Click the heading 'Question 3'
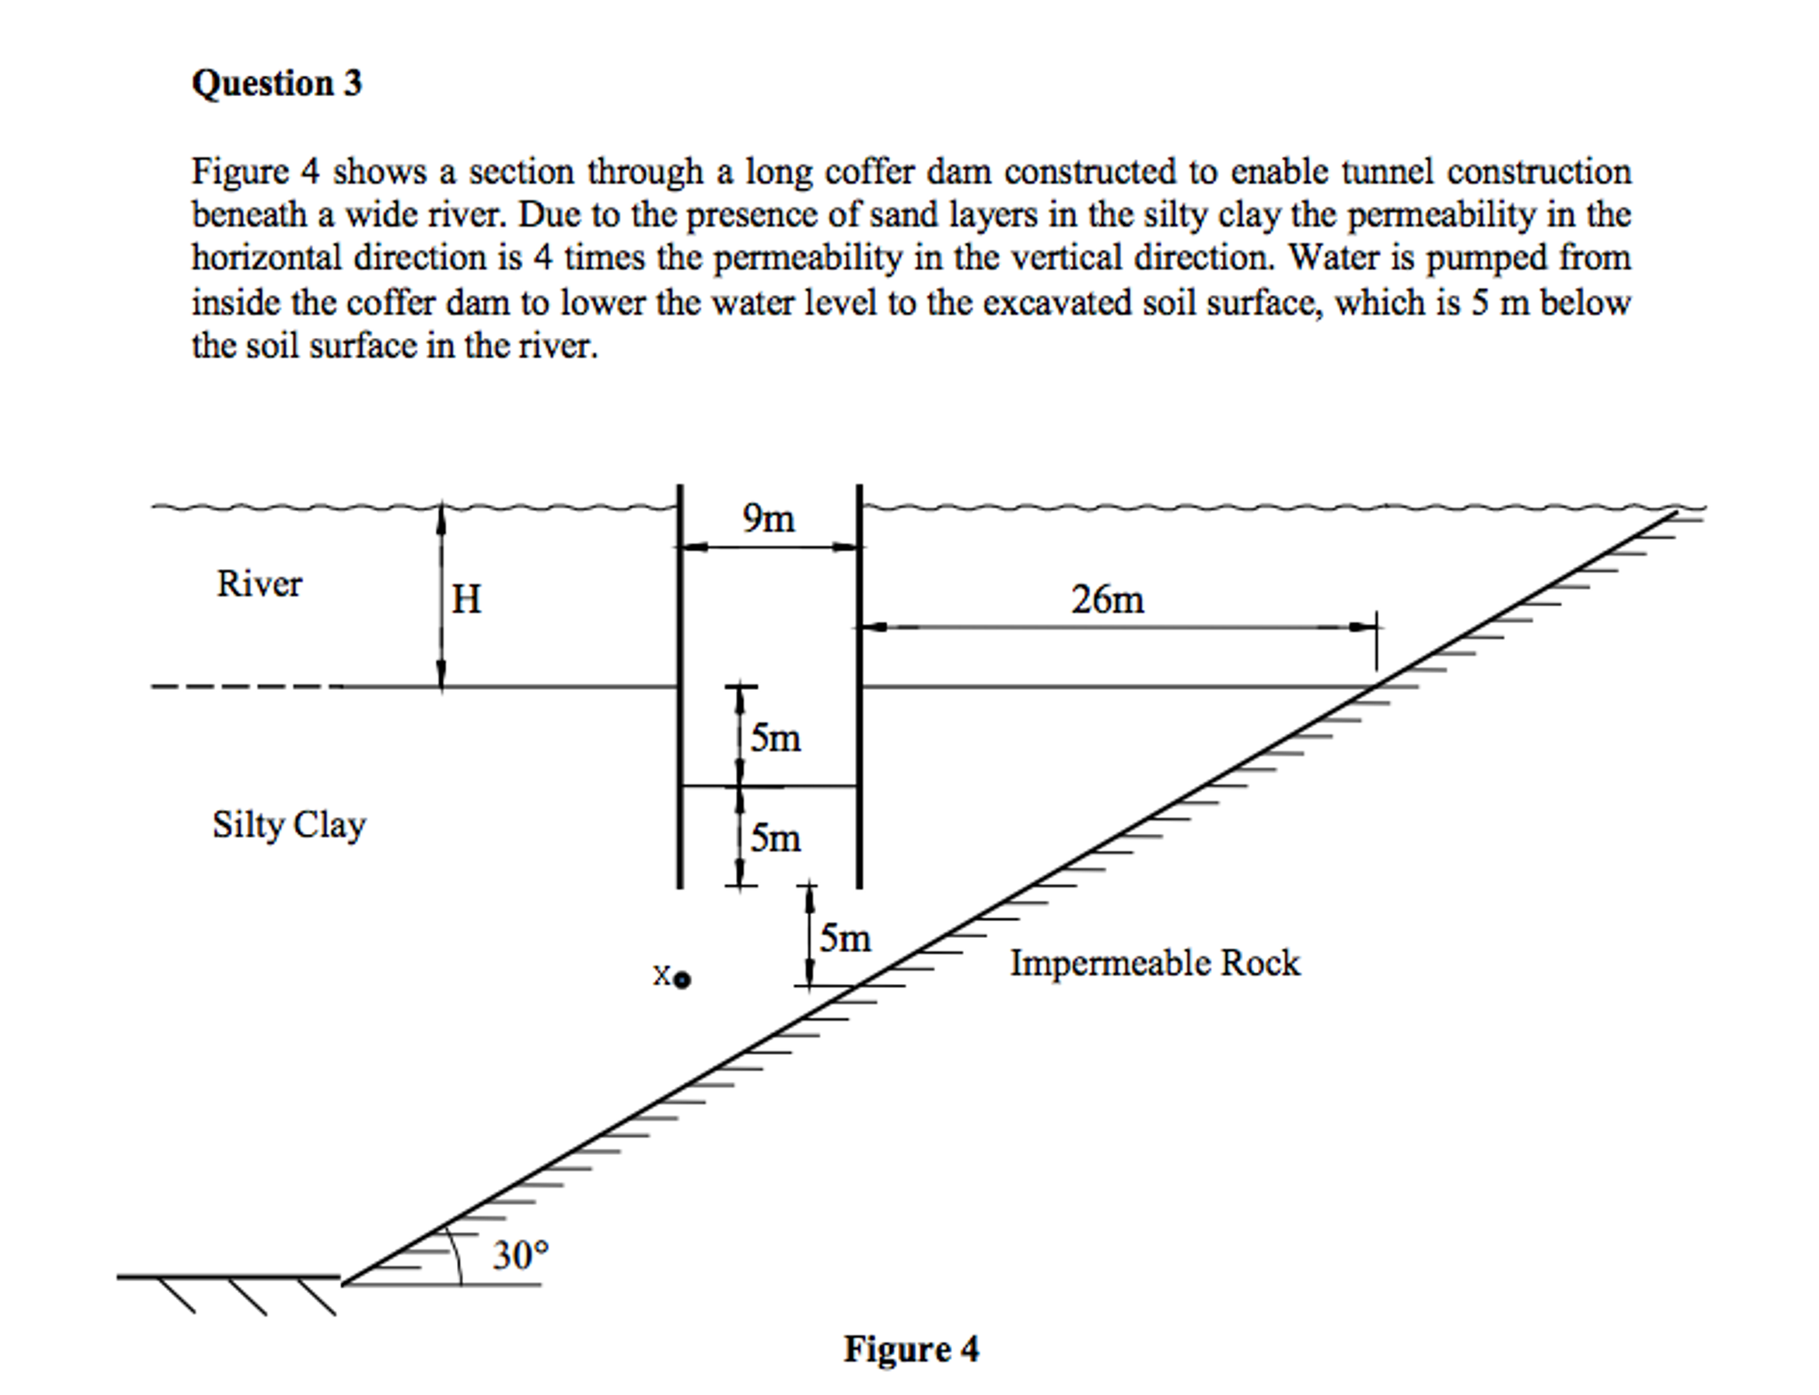click(x=276, y=84)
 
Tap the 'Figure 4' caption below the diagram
click(x=910, y=1349)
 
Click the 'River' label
click(x=259, y=584)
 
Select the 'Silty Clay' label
click(x=288, y=825)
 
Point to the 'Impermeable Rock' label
click(x=1154, y=963)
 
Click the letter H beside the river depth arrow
click(x=466, y=598)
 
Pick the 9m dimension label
click(x=769, y=518)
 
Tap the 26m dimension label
click(x=1107, y=599)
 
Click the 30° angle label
click(x=521, y=1255)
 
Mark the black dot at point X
click(x=682, y=981)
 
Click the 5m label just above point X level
click(x=845, y=938)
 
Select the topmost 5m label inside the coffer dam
click(x=775, y=738)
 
